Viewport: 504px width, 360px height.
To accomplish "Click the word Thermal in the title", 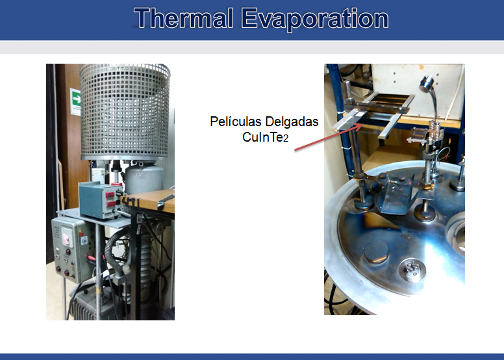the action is (x=184, y=19).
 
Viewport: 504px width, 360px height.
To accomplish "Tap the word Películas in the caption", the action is (x=236, y=122).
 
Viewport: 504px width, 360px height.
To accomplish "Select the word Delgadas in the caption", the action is (x=292, y=122).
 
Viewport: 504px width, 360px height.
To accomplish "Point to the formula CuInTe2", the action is (x=266, y=137).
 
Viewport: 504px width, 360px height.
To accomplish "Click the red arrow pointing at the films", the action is (x=329, y=137).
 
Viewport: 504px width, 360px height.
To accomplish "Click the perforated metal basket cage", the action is (x=125, y=112).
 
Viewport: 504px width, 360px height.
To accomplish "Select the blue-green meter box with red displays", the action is (x=100, y=199).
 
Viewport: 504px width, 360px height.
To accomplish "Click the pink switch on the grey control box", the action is (x=67, y=238).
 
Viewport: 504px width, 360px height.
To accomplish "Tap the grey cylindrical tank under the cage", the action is (x=145, y=178).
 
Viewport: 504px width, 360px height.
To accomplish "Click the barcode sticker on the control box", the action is (x=84, y=240).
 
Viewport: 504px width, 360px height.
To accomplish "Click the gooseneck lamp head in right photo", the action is (x=426, y=84).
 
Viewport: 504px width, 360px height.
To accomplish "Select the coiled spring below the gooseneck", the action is (x=435, y=131).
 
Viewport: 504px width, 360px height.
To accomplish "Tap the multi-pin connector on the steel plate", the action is (x=412, y=270).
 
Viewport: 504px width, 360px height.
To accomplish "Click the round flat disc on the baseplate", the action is (x=377, y=253).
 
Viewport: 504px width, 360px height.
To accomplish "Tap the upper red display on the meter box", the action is (x=110, y=194).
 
